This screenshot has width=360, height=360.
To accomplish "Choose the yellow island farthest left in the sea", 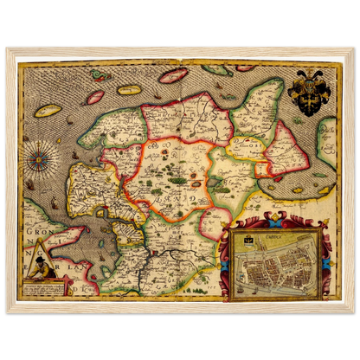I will pyautogui.click(x=48, y=112).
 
